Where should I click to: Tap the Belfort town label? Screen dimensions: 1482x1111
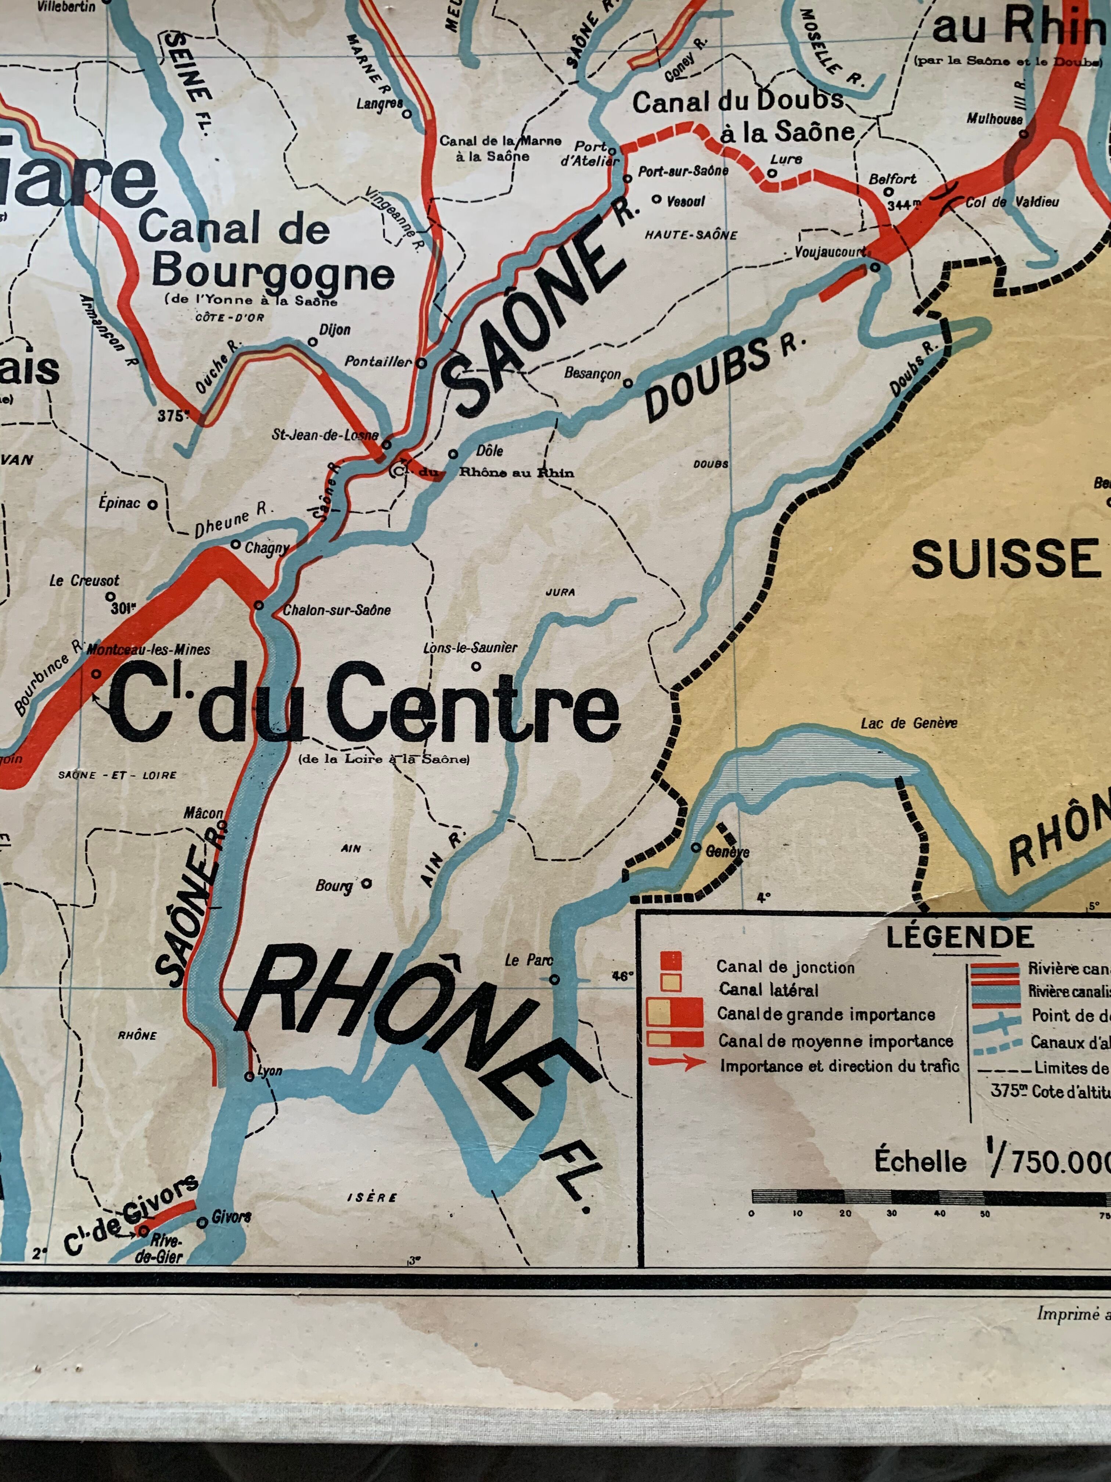(892, 179)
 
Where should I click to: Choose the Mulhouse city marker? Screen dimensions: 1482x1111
(1023, 134)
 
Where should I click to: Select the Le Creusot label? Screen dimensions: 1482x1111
(85, 580)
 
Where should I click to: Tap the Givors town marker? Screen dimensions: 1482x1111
(202, 1223)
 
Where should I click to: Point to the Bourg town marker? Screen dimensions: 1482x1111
(366, 883)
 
